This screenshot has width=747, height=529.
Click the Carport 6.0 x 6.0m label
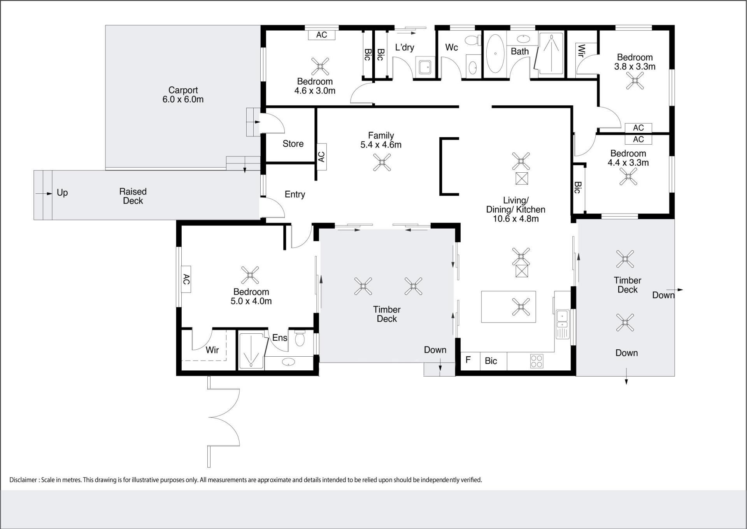(x=183, y=95)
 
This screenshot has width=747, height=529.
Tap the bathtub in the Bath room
(x=495, y=54)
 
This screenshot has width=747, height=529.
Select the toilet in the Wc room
(x=472, y=40)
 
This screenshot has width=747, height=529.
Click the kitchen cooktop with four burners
(x=537, y=361)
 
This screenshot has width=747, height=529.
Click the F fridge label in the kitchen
(x=468, y=360)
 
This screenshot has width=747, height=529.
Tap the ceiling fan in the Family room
(x=382, y=162)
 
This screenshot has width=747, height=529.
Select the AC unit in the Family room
(x=321, y=156)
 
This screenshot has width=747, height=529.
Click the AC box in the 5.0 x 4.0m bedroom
(x=186, y=279)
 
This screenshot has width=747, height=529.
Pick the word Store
(x=293, y=144)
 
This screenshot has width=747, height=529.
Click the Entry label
(x=295, y=194)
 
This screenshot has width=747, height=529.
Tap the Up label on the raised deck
(x=62, y=193)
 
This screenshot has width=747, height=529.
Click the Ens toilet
(x=300, y=338)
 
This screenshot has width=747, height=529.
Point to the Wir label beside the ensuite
(x=212, y=350)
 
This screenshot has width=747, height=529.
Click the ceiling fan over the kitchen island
(x=521, y=307)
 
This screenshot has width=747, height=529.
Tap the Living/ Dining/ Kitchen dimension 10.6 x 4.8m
(x=516, y=219)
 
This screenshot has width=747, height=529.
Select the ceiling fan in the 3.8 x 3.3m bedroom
(x=635, y=81)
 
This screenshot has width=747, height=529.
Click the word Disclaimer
(x=23, y=480)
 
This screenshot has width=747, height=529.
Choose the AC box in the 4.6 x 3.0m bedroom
(x=322, y=35)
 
